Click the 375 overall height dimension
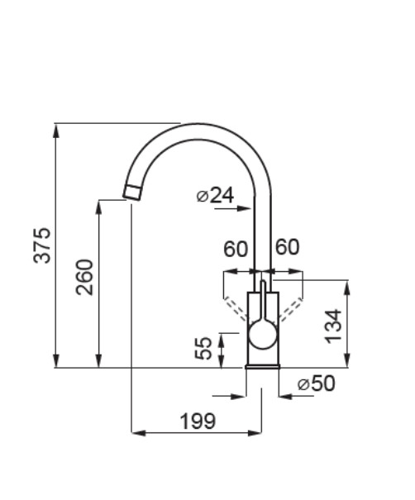(x=42, y=245)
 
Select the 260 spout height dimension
(x=84, y=278)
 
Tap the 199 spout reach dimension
(x=198, y=421)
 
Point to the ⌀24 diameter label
(x=215, y=195)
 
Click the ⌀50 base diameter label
(x=316, y=383)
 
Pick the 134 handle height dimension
(x=333, y=326)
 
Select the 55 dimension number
(x=203, y=348)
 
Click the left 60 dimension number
(x=236, y=249)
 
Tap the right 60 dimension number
(x=288, y=247)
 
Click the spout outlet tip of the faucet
(x=132, y=193)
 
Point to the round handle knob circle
(x=263, y=336)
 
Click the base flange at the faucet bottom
(x=263, y=367)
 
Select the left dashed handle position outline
(x=236, y=308)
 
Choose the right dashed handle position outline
(x=291, y=308)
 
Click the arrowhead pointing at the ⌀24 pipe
(x=245, y=209)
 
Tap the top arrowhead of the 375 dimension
(x=56, y=131)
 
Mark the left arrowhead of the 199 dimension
(x=139, y=433)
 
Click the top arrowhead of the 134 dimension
(x=348, y=288)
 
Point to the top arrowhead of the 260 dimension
(x=99, y=207)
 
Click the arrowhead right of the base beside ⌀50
(x=286, y=397)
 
